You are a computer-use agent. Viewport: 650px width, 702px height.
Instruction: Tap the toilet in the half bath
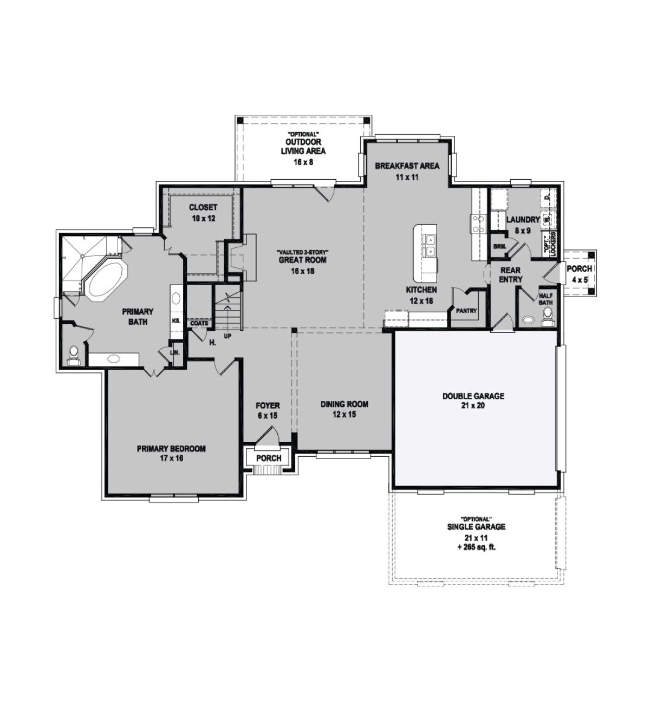pyautogui.click(x=547, y=316)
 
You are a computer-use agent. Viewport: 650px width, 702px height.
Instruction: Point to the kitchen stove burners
pyautogui.click(x=478, y=224)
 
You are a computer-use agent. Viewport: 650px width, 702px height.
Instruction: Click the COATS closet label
pyautogui.click(x=199, y=323)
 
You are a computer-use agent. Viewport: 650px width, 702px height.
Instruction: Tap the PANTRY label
pyautogui.click(x=466, y=311)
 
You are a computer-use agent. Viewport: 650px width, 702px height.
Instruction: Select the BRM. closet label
pyautogui.click(x=500, y=246)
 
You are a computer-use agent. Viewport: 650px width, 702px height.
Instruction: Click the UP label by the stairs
pyautogui.click(x=227, y=336)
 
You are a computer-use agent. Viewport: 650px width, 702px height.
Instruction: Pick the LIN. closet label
pyautogui.click(x=175, y=353)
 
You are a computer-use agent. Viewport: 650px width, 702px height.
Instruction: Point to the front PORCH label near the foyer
pyautogui.click(x=269, y=458)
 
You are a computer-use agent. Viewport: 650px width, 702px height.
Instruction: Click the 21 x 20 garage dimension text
pyautogui.click(x=473, y=405)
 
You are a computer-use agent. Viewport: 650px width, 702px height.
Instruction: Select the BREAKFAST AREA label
pyautogui.click(x=407, y=166)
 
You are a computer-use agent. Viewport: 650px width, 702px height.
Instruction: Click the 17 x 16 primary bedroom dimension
pyautogui.click(x=171, y=458)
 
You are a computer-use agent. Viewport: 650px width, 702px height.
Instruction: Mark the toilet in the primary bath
pyautogui.click(x=74, y=355)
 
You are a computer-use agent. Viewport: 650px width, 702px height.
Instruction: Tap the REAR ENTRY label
pyautogui.click(x=511, y=274)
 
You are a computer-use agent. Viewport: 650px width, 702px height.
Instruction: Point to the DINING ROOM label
pyautogui.click(x=344, y=404)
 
